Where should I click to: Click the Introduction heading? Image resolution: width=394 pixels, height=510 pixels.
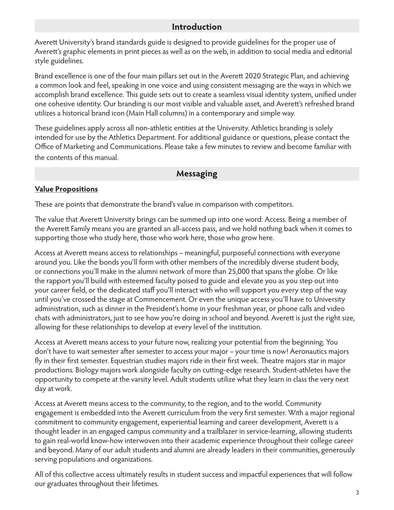[x=197, y=27]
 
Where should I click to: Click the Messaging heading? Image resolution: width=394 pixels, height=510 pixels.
[x=197, y=174]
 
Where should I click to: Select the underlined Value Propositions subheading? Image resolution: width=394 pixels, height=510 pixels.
[x=66, y=189]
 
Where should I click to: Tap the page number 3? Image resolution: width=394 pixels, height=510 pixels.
[x=357, y=493]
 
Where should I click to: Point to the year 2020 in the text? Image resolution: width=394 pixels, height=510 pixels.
[x=252, y=76]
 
